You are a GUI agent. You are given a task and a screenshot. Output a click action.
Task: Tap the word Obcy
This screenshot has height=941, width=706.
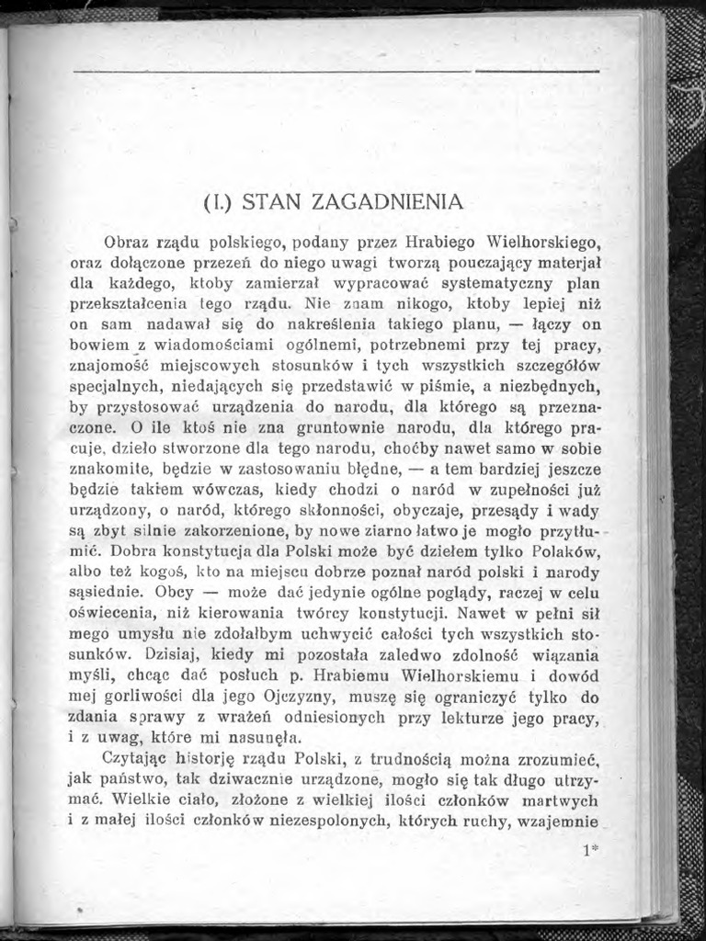click(x=175, y=591)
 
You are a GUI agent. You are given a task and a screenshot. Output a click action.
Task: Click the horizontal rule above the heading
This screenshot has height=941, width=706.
click(x=336, y=70)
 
